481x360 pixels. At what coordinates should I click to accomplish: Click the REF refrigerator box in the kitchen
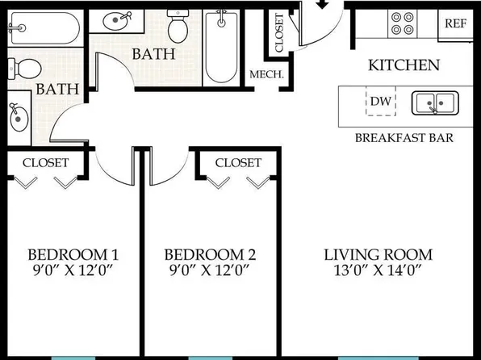456,23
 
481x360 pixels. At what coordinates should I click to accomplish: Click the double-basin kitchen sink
435,103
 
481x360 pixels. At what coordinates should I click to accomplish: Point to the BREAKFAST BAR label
404,138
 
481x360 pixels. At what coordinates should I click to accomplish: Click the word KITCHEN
404,65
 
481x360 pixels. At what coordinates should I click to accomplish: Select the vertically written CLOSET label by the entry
280,33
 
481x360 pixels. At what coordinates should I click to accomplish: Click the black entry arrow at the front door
322,5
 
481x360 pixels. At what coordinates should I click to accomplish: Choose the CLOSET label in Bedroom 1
45,163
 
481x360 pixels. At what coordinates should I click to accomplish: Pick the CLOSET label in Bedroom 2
238,163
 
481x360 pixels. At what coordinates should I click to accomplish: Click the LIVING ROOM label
379,253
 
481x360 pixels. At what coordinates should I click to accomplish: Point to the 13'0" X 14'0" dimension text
379,269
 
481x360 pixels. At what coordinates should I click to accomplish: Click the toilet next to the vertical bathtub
178,27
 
